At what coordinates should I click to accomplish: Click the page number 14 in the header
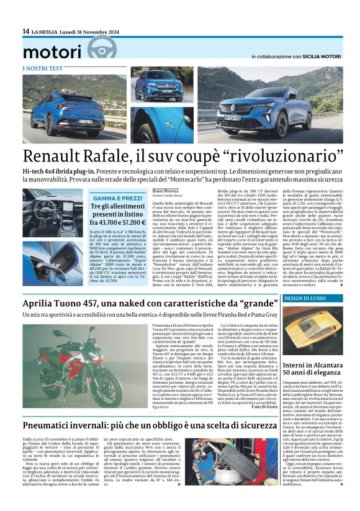pyautogui.click(x=25, y=31)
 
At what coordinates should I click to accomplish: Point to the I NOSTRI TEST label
pyautogui.click(x=42, y=68)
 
